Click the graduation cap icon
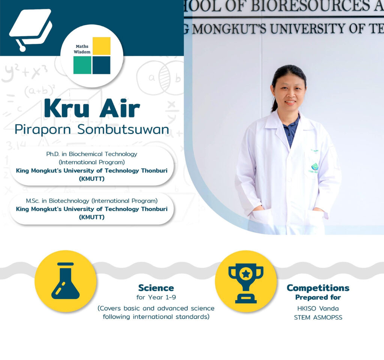(x=31, y=29)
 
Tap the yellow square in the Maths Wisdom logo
(x=102, y=46)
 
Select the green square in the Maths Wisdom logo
(x=82, y=65)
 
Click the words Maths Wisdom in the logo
(x=82, y=49)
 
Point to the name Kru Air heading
(x=92, y=108)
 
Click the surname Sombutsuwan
(x=123, y=129)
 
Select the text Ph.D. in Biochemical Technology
(x=91, y=154)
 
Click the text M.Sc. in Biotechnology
(x=57, y=201)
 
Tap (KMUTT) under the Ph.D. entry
(x=91, y=179)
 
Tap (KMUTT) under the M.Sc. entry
(x=91, y=217)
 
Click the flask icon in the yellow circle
(x=65, y=281)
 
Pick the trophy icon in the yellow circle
(x=246, y=283)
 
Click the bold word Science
(x=156, y=288)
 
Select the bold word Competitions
(x=318, y=288)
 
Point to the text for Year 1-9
(x=156, y=297)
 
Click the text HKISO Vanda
(x=318, y=308)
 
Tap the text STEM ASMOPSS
(x=318, y=317)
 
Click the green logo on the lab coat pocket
(x=315, y=167)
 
